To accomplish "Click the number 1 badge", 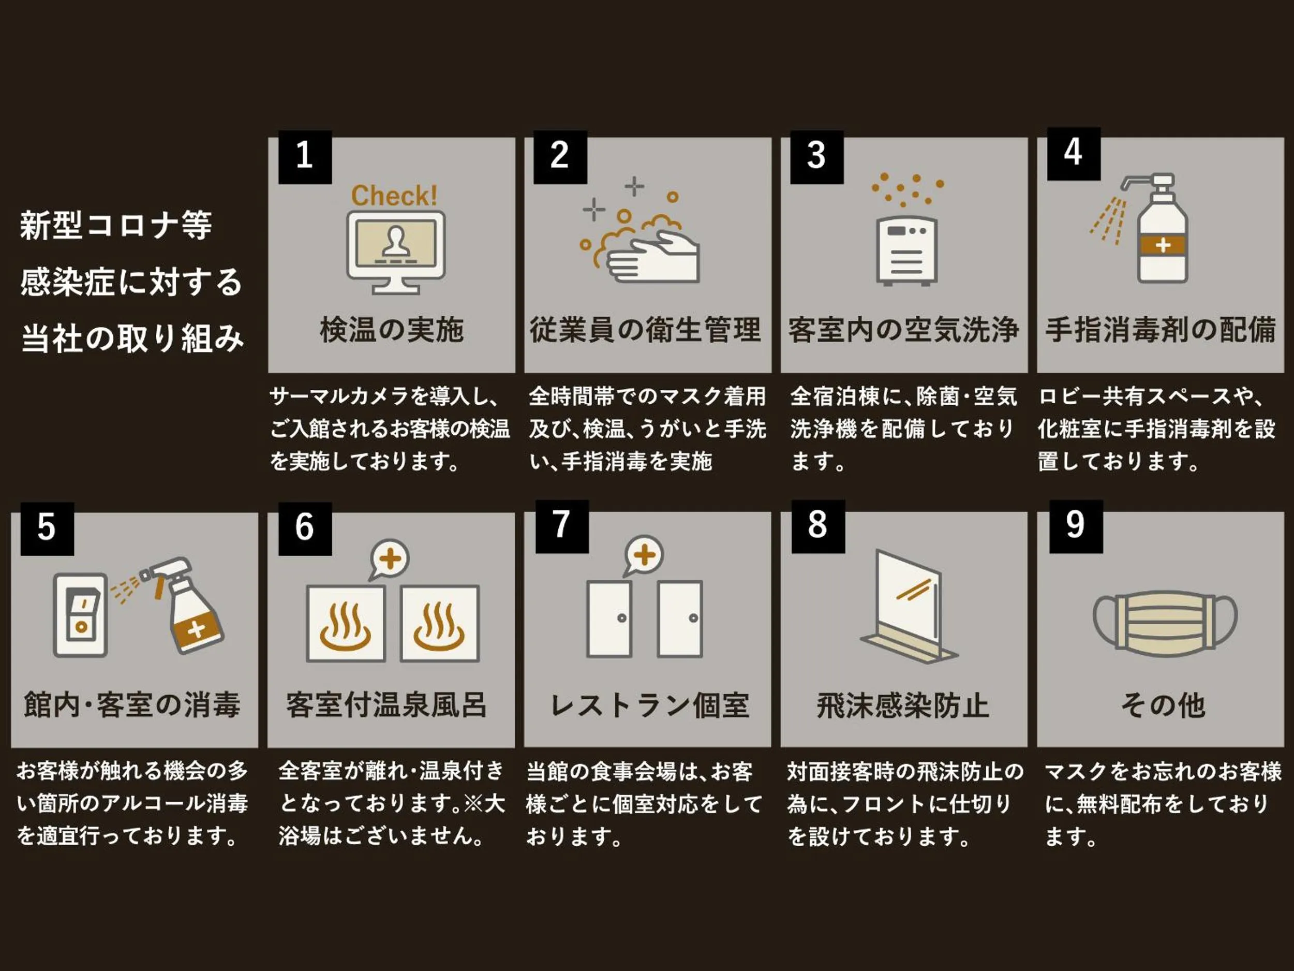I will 305,157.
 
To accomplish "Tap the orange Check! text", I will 394,196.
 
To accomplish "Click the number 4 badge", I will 1073,153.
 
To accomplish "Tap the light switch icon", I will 80,614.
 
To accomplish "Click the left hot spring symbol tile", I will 346,623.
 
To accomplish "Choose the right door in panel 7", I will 680,619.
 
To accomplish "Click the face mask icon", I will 1165,622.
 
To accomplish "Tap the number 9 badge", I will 1075,525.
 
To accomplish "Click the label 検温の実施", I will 392,330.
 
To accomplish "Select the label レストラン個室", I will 649,705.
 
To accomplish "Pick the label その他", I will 1163,705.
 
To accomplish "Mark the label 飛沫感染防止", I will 903,705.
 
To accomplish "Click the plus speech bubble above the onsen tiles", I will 390,558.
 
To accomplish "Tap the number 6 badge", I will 305,527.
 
